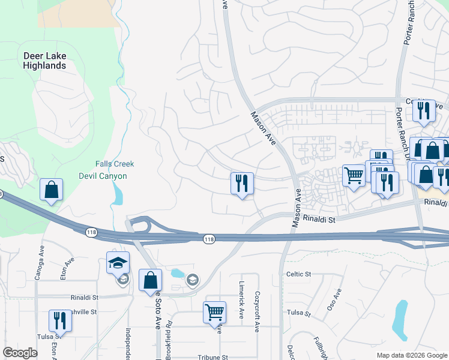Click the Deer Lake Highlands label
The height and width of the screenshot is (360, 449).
(x=44, y=61)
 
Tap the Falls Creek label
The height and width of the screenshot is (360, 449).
(x=115, y=164)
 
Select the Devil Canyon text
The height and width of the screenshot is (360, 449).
(x=103, y=176)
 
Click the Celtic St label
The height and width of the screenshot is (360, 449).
(x=298, y=274)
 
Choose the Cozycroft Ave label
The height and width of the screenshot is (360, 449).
(x=256, y=313)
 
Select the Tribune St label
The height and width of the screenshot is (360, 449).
(x=214, y=356)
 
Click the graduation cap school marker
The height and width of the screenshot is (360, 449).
(x=118, y=262)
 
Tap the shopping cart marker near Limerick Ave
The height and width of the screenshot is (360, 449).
(x=214, y=312)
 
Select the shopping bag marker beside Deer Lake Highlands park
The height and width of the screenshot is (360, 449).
(x=52, y=190)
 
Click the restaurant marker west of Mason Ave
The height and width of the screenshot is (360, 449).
(x=242, y=183)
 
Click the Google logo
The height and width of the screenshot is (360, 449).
(x=20, y=353)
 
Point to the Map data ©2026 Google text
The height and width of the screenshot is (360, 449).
(x=411, y=355)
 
